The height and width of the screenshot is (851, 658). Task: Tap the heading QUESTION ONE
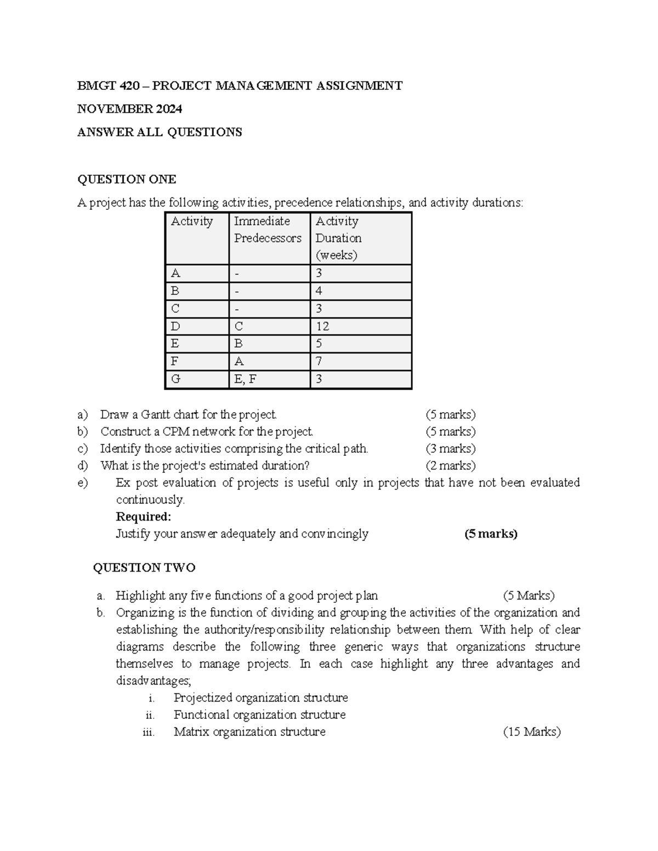[x=127, y=179]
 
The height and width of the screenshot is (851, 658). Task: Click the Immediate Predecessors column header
[x=268, y=230]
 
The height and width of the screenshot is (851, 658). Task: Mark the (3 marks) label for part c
[x=450, y=448]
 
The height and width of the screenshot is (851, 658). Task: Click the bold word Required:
[x=144, y=517]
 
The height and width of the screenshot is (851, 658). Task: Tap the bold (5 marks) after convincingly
[x=491, y=534]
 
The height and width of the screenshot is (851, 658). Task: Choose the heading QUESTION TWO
[x=144, y=568]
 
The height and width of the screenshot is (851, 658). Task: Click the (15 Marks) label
[x=531, y=732]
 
